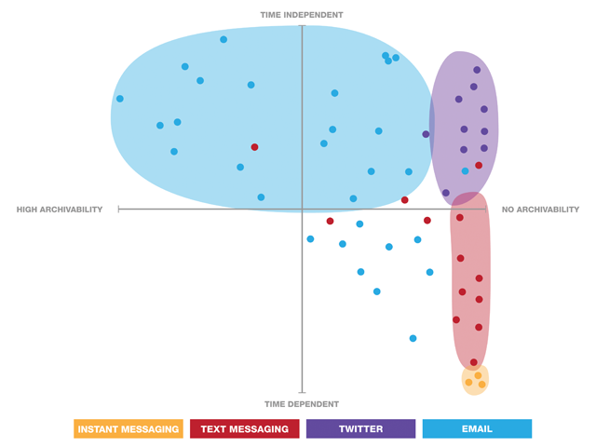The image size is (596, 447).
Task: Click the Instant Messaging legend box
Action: pos(128,428)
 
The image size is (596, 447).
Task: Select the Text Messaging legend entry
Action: pos(244,428)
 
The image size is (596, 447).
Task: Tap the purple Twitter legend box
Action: pos(360,428)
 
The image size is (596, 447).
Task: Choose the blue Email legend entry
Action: pos(477,428)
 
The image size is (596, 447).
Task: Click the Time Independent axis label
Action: pos(302,15)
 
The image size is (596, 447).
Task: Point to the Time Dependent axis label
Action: pos(302,404)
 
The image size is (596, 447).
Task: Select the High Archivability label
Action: pos(60,210)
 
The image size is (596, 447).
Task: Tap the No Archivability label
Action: pos(540,210)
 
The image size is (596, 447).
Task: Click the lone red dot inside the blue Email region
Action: pos(254,147)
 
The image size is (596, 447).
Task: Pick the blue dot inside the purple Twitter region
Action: pos(466,170)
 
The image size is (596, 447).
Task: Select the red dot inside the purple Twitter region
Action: pos(479,166)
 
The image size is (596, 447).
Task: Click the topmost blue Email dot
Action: pos(223,39)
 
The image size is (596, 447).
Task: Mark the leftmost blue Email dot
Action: pos(119,99)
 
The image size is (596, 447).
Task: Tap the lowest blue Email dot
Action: pos(413,338)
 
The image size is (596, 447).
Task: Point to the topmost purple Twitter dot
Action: pos(477,70)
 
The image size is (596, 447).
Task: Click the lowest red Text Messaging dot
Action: pos(474,362)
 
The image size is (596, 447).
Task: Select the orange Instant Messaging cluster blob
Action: pos(475,379)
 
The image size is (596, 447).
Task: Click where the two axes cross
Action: pos(302,210)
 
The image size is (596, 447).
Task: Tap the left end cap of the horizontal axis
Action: pos(119,210)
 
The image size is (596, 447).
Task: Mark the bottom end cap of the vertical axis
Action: pos(302,393)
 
